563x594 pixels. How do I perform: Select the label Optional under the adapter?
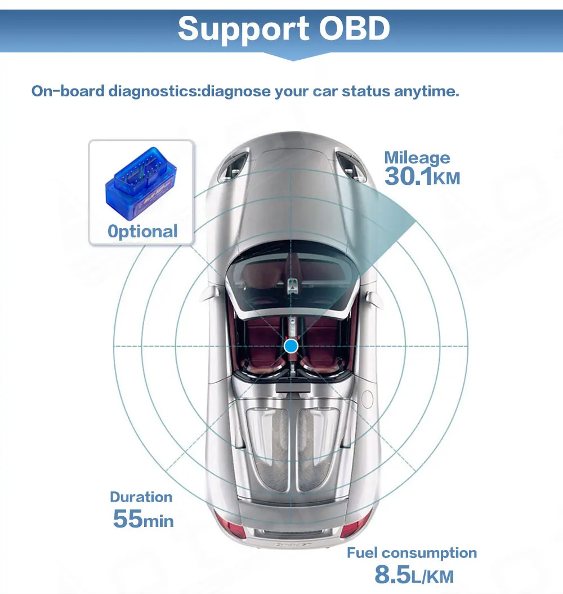click(x=142, y=231)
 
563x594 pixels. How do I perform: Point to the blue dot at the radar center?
click(x=291, y=345)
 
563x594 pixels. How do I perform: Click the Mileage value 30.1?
click(x=408, y=177)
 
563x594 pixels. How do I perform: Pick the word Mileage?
click(x=417, y=157)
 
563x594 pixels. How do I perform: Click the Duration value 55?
click(x=127, y=518)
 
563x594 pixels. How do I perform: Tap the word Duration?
click(x=141, y=497)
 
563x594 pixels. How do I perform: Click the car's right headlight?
click(x=351, y=164)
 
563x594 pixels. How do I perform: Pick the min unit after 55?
click(x=158, y=521)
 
